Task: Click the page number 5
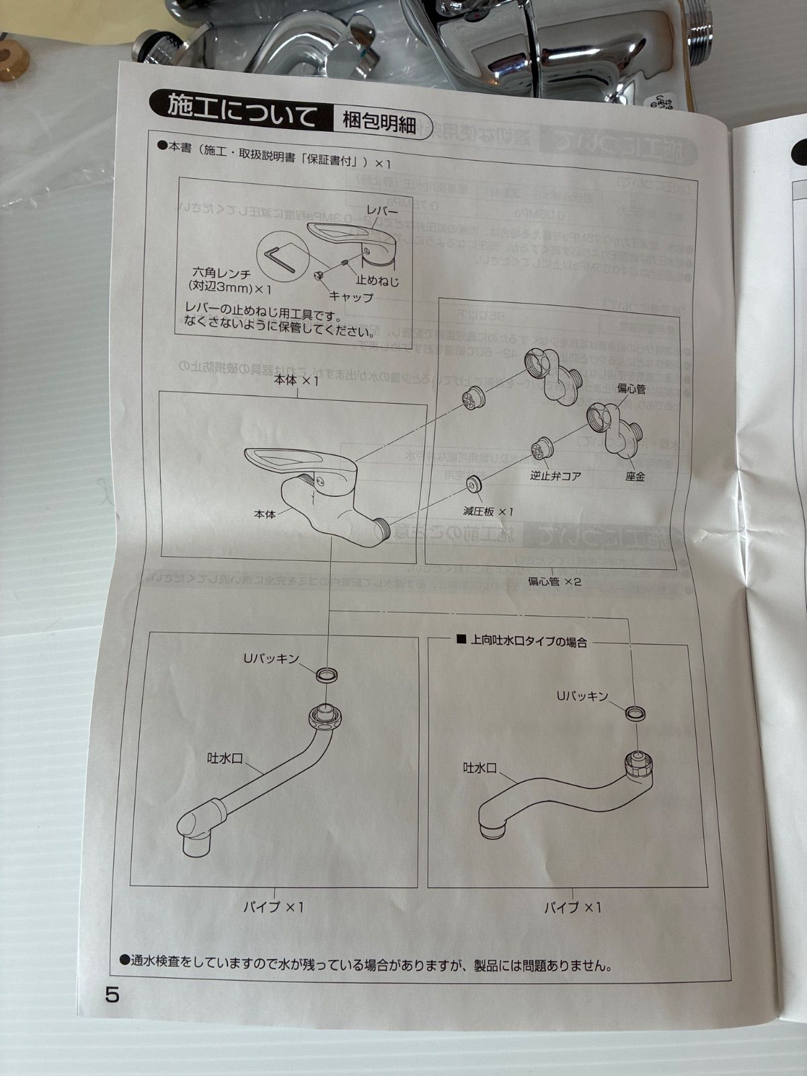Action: [112, 994]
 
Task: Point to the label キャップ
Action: [351, 296]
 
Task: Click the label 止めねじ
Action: [377, 280]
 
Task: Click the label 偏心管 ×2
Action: [553, 581]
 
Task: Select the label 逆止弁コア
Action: [555, 475]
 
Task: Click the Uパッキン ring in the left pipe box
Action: [326, 675]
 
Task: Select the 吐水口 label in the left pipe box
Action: [224, 758]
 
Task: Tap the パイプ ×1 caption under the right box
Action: [572, 907]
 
